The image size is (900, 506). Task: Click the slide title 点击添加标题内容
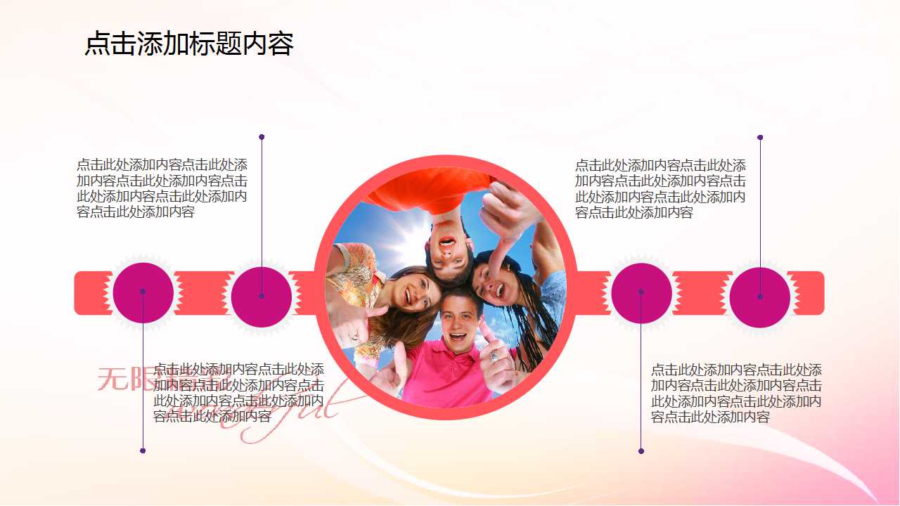188,44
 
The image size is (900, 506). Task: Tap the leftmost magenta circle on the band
143,293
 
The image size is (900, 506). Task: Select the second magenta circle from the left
262,297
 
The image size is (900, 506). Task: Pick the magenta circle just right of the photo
641,293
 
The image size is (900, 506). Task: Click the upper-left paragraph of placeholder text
162,188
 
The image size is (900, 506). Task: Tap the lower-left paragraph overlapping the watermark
238,393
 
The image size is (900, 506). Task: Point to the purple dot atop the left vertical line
262,137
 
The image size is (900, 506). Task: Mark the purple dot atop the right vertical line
760,138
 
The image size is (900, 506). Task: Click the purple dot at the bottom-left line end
143,450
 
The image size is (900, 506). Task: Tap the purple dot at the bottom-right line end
641,450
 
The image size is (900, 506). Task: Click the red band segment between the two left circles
203,293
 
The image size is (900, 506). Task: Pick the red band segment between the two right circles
701,293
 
